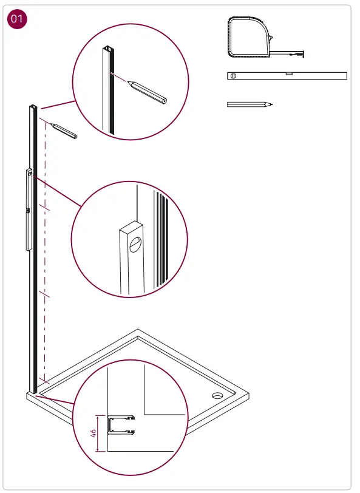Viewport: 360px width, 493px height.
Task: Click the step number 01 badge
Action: click(x=16, y=19)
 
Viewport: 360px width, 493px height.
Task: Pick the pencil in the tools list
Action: click(x=249, y=104)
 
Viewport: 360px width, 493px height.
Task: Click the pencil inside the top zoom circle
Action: click(x=149, y=92)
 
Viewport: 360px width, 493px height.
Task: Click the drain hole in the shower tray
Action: click(x=217, y=396)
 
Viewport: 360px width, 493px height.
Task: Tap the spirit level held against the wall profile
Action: click(x=29, y=209)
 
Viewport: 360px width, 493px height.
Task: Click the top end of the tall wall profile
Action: click(x=32, y=108)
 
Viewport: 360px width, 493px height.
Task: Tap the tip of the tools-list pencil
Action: click(x=271, y=104)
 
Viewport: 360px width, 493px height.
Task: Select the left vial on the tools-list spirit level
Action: click(x=234, y=75)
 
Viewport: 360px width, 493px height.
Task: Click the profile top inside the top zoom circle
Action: click(x=107, y=49)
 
